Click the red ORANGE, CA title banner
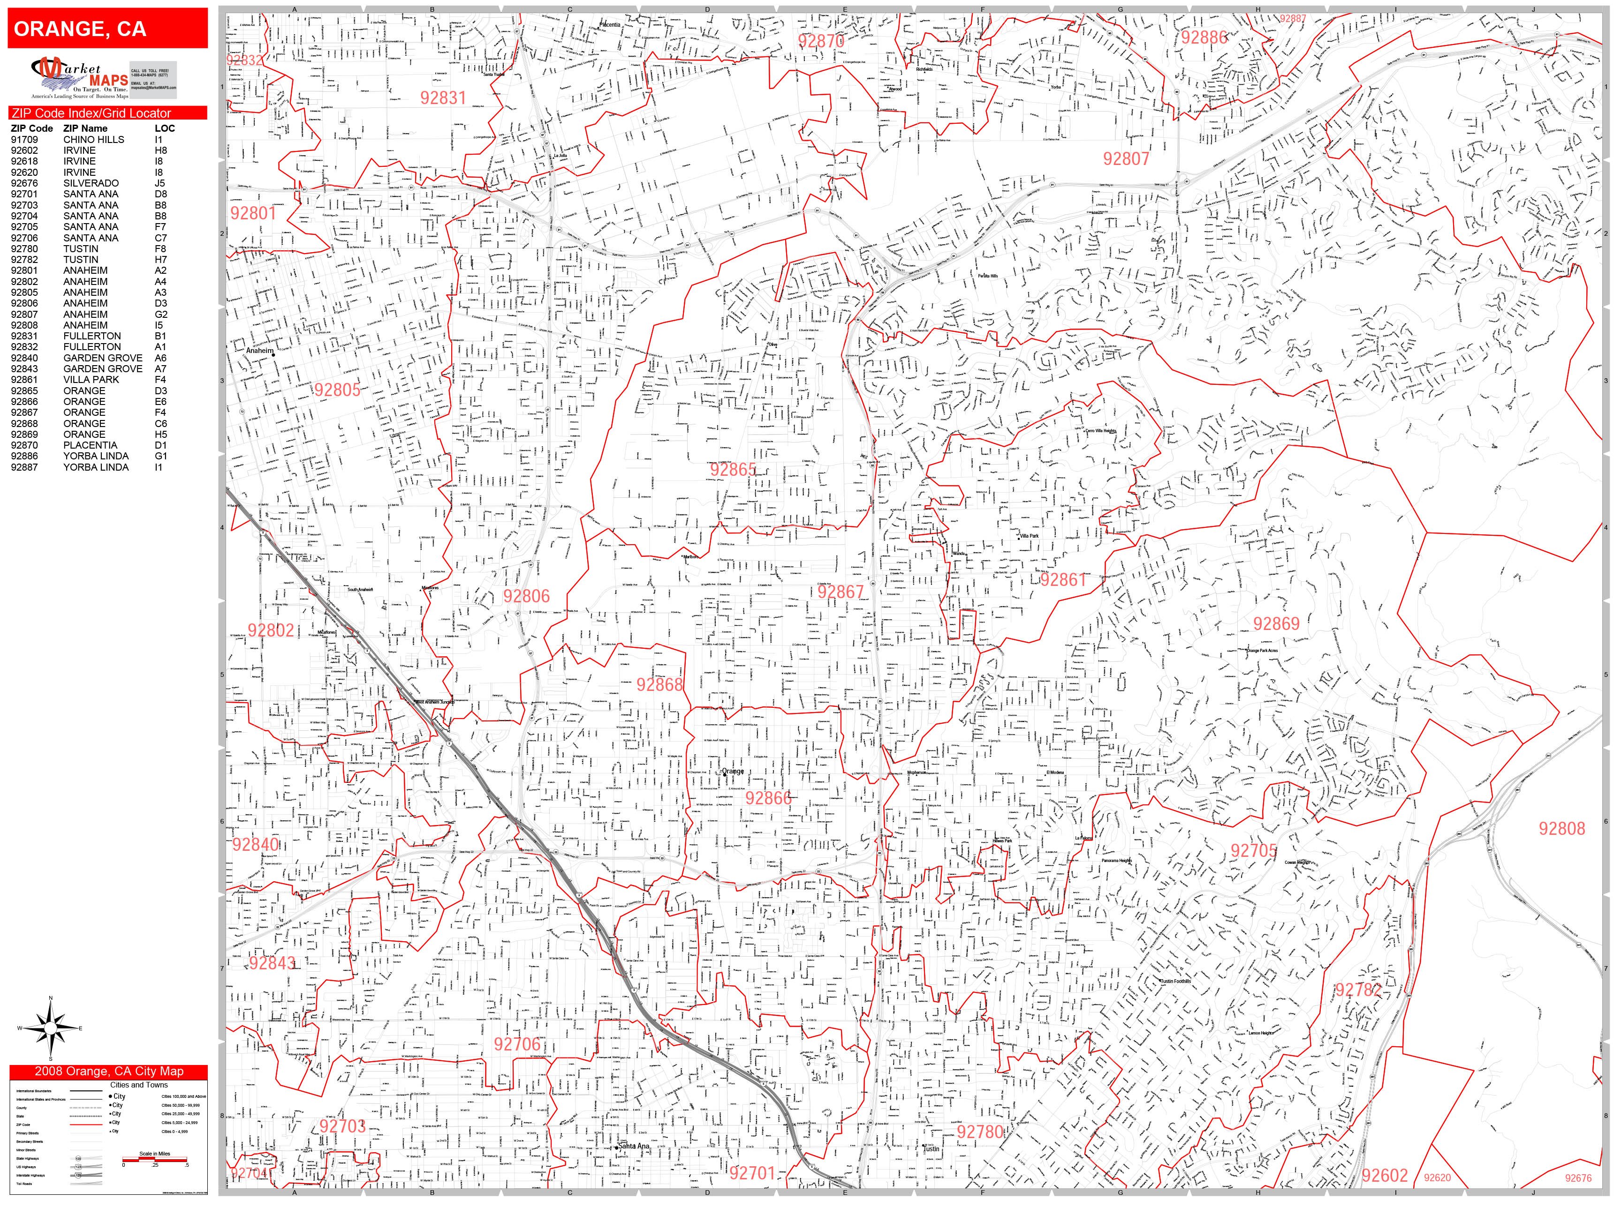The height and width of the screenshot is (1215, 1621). tap(108, 29)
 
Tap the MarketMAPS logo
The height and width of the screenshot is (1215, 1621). tap(79, 78)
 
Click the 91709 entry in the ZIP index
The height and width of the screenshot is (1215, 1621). tap(24, 139)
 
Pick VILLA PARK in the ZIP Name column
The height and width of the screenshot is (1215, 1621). tap(91, 379)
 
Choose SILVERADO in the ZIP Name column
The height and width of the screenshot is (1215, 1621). tap(91, 183)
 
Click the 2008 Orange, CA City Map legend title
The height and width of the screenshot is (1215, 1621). tap(108, 1072)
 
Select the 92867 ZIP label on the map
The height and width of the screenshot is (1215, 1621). tap(841, 592)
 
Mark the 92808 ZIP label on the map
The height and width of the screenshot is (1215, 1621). tap(1561, 828)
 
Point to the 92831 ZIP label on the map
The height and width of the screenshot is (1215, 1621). tap(443, 98)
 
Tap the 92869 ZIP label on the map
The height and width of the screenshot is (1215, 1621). tap(1276, 624)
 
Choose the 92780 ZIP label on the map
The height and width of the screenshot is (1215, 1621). tap(980, 1132)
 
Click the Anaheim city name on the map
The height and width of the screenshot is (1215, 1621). tap(259, 351)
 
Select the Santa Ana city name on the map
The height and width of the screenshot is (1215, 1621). tap(634, 1146)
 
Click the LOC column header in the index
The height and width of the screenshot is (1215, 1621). tap(165, 128)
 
